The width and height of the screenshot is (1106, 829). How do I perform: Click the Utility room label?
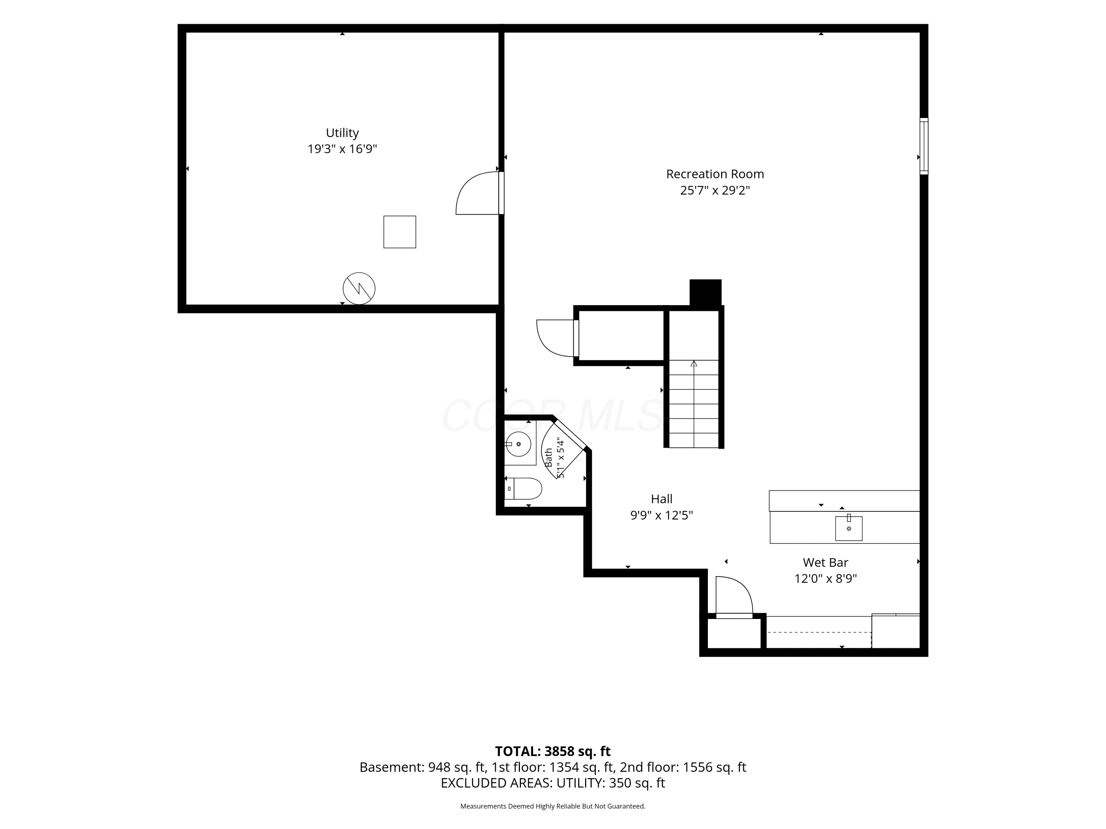coord(342,133)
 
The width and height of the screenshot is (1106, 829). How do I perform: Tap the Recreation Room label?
coord(715,174)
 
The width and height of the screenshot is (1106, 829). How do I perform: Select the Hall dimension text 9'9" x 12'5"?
coord(661,515)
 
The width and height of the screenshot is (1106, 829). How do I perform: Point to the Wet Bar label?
coord(825,563)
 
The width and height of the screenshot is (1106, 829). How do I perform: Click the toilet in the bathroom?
coord(524,488)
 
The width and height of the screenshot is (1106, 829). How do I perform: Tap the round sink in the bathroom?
coord(518,444)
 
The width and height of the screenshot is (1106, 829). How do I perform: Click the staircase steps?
coord(693,404)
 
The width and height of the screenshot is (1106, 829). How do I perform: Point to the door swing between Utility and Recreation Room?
coord(477,193)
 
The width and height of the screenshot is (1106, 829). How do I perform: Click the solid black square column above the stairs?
coord(706,293)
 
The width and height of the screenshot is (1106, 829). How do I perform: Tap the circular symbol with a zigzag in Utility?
coord(359,288)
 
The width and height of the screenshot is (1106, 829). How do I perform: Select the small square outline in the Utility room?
coord(400,232)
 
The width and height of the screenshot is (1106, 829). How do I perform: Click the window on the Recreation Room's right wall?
coord(924,146)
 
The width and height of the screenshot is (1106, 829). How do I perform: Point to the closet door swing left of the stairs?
coord(555,338)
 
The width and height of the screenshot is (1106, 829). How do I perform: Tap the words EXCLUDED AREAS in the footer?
coord(495,783)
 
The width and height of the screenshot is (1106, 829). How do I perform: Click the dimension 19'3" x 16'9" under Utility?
coord(342,149)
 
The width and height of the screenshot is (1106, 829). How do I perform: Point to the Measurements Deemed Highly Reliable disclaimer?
coord(553,806)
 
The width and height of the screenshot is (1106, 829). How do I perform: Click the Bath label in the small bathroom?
coord(549,458)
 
